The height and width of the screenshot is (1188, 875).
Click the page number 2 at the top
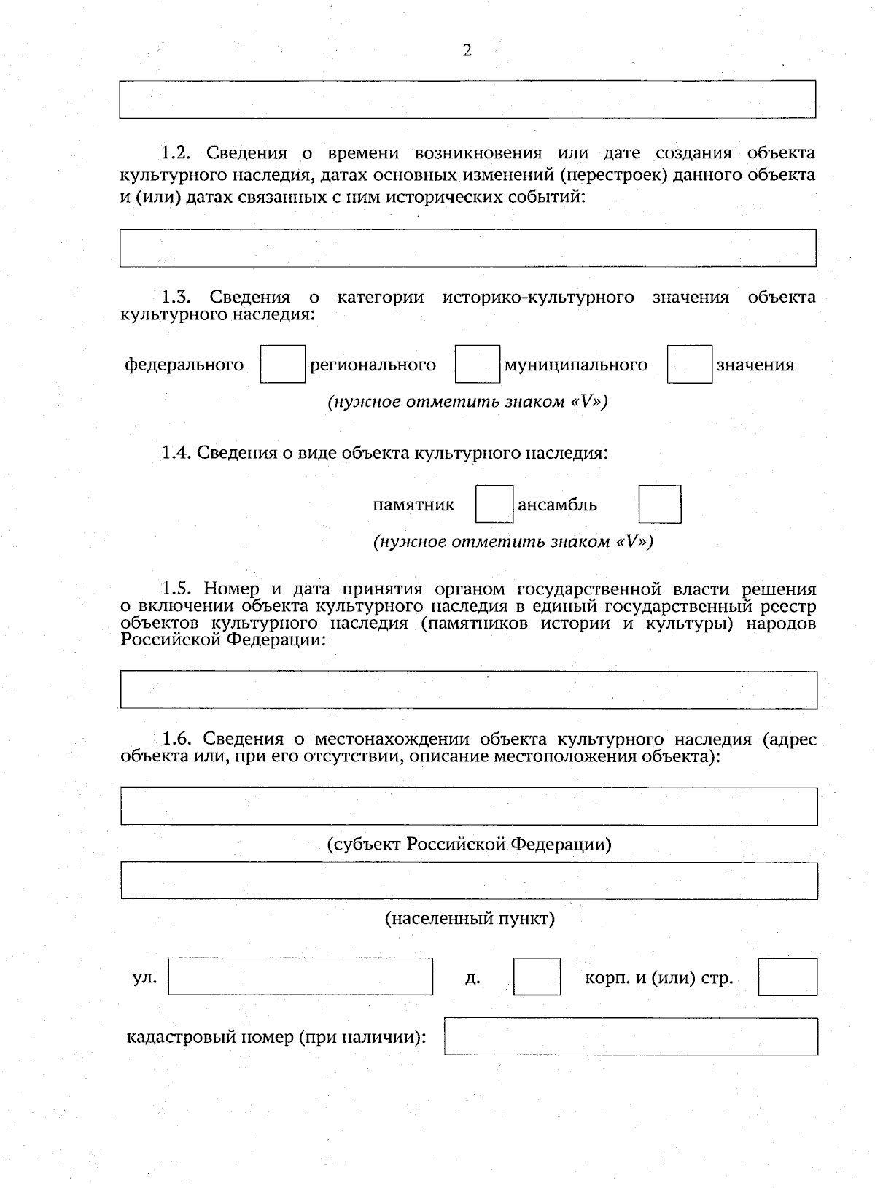(x=467, y=50)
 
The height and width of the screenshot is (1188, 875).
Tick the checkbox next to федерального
(x=283, y=365)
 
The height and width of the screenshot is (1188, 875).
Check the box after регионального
(x=478, y=365)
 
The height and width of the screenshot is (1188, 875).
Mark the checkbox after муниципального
(x=689, y=365)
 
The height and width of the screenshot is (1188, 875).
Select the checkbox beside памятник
(x=494, y=505)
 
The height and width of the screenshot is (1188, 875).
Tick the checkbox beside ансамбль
(x=660, y=505)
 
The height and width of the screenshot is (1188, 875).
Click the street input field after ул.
(x=300, y=977)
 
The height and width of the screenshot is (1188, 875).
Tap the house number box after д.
(x=537, y=977)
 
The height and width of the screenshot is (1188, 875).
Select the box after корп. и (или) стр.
(x=787, y=977)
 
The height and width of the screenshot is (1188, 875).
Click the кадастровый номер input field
(x=631, y=1036)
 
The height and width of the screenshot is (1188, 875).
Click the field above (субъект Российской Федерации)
(x=469, y=806)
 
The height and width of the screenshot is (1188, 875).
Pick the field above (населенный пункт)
(x=469, y=881)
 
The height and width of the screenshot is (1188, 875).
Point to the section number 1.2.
(x=176, y=153)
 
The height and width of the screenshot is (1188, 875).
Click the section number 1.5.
(x=176, y=589)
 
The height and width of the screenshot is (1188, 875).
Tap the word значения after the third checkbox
(x=755, y=365)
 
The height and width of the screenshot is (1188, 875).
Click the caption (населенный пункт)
(x=470, y=918)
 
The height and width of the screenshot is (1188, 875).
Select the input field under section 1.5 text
(x=469, y=690)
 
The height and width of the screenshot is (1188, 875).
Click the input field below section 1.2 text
(x=467, y=248)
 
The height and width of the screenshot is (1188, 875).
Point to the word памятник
(x=413, y=505)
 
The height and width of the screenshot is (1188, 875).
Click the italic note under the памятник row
(x=513, y=542)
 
